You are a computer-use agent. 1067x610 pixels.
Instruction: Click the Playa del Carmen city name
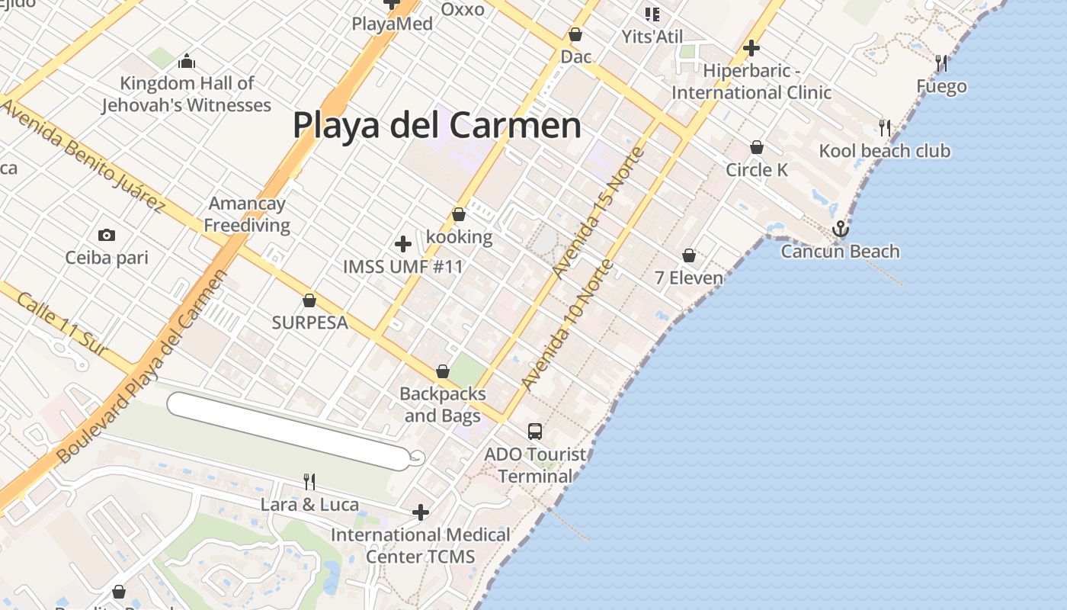[437, 125]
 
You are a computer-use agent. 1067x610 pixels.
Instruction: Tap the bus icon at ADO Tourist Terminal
[535, 432]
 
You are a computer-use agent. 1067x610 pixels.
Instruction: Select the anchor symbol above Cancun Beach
[840, 229]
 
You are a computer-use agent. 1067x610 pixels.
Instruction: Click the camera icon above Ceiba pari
[107, 235]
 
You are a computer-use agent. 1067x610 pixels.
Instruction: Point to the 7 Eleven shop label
[689, 278]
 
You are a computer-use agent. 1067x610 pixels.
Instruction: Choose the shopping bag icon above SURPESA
[309, 300]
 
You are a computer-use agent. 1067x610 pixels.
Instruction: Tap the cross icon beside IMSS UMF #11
[403, 244]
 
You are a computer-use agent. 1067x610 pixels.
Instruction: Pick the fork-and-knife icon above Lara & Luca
[309, 481]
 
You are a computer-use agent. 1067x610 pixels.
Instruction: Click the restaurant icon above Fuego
[941, 63]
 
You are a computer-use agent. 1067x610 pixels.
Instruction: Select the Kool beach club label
[884, 151]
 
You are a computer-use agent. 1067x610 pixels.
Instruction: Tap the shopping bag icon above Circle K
[757, 147]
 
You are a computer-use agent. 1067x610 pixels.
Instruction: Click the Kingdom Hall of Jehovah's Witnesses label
[187, 94]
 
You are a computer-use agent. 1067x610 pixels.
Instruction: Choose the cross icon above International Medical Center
[420, 512]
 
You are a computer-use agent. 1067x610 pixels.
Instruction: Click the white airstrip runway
[290, 431]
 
